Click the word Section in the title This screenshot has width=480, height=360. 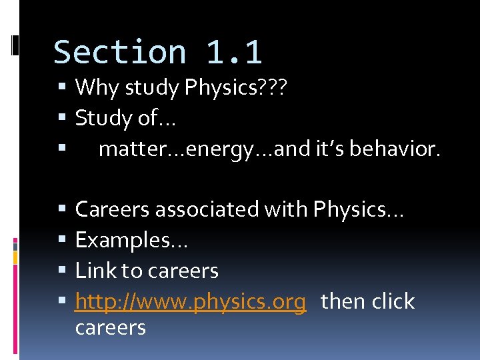120,53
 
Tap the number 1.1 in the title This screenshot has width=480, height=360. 234,53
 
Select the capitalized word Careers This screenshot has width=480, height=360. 113,209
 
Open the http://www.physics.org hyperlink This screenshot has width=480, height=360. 191,302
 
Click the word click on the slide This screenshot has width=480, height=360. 393,301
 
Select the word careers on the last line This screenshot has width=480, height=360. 110,327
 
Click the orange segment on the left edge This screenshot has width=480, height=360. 15,257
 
